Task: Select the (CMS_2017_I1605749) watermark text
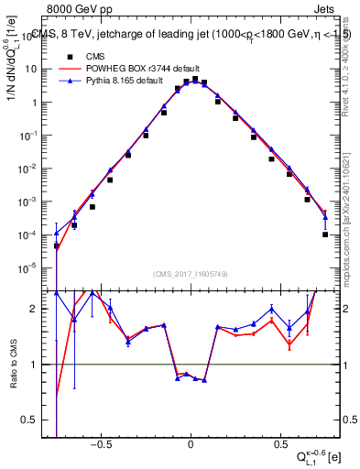190,274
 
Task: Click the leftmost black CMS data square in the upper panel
57,245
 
